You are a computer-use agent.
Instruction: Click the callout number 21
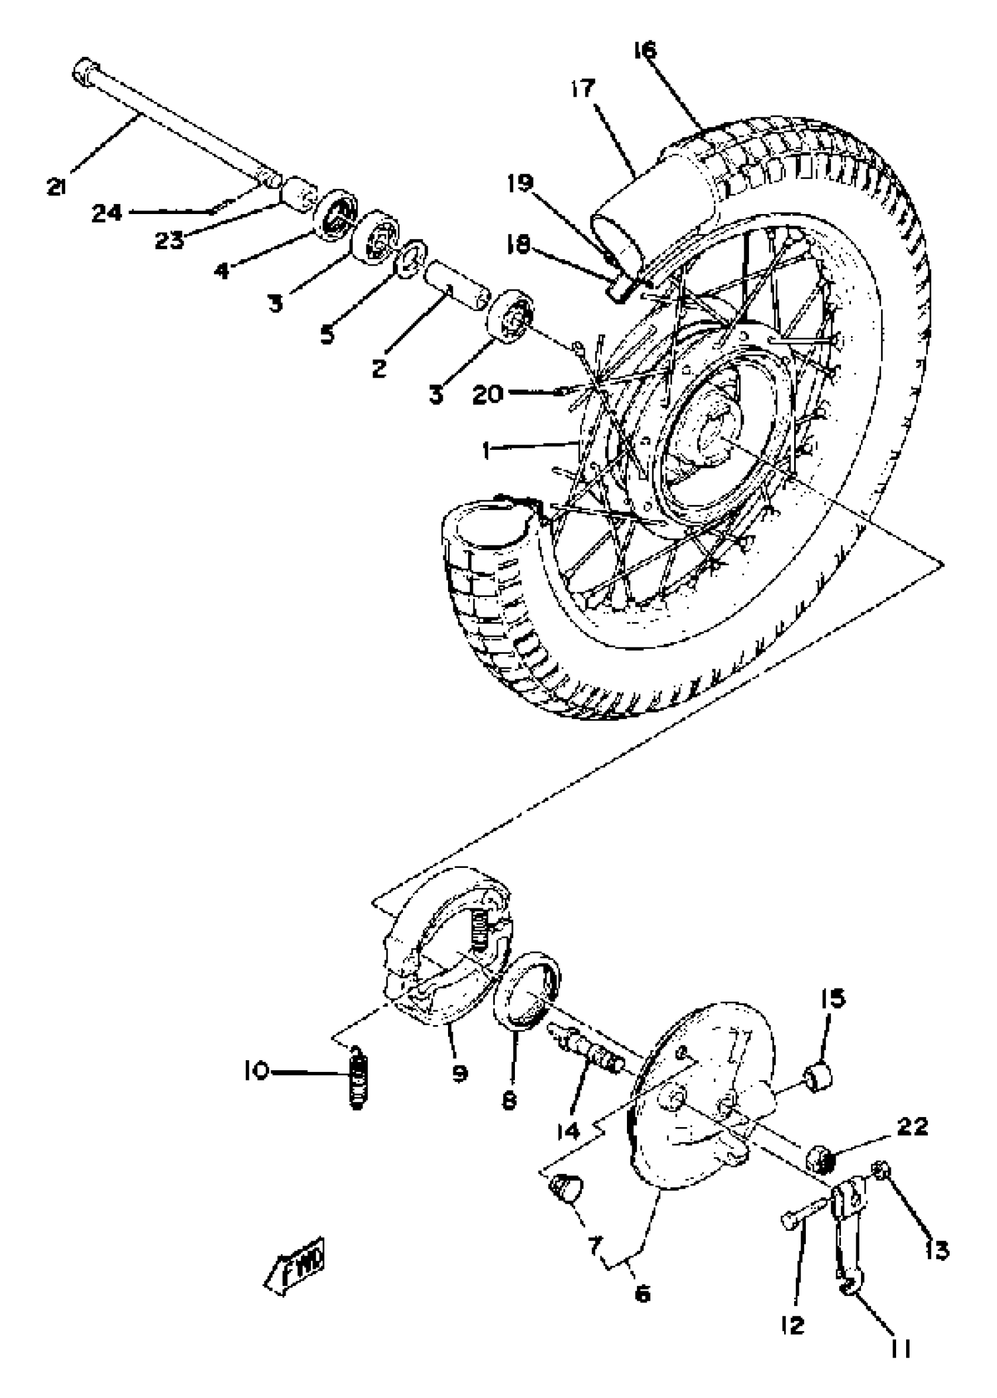(x=56, y=186)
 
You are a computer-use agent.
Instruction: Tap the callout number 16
(x=645, y=50)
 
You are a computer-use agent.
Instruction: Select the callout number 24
(x=107, y=213)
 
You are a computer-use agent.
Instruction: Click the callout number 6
(x=642, y=1295)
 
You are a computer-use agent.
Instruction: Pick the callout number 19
(x=520, y=183)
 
